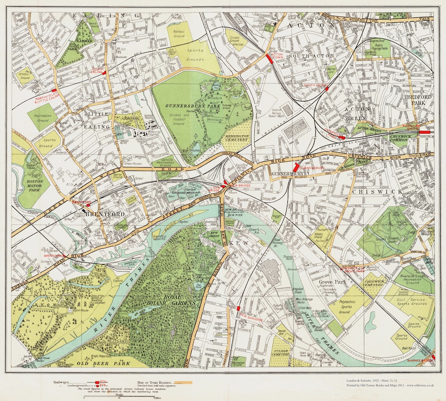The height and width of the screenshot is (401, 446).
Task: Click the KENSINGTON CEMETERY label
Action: coord(237,137)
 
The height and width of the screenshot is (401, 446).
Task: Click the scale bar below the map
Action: coord(119,396)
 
